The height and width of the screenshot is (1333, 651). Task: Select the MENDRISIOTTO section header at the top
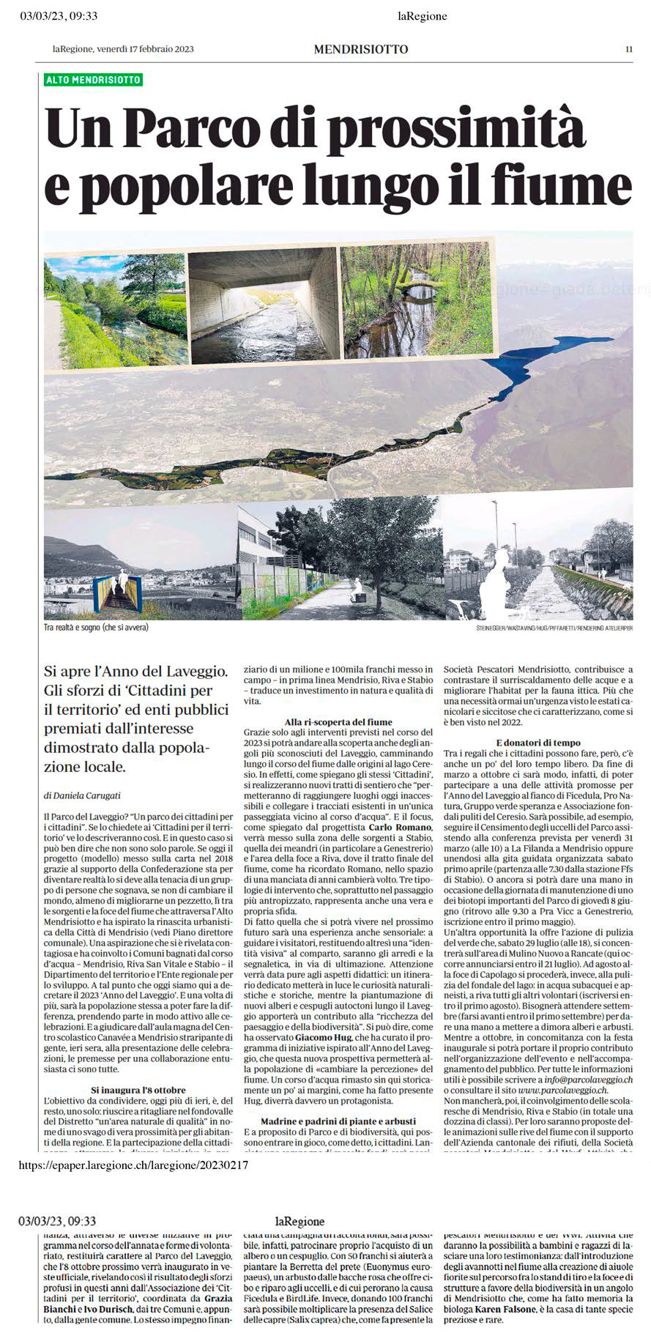[x=360, y=49]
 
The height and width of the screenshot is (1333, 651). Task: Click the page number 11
[x=628, y=49]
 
